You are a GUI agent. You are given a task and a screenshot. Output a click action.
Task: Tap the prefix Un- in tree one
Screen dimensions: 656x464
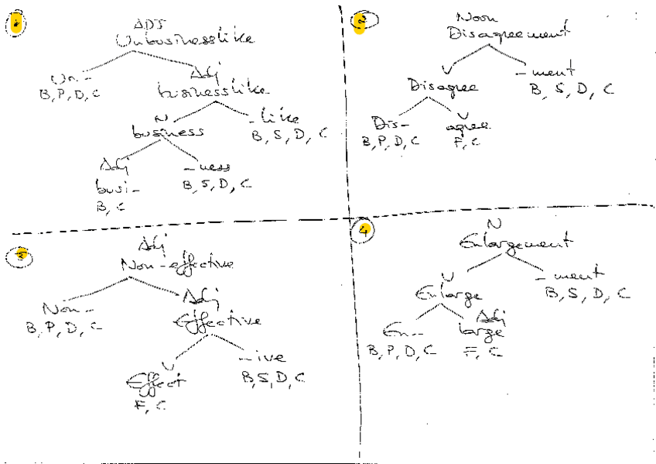tap(61, 80)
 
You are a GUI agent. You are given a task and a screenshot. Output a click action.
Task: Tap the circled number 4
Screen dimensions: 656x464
tap(360, 229)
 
